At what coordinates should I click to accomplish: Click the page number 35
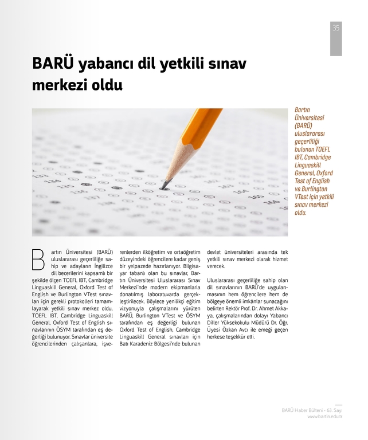(336, 28)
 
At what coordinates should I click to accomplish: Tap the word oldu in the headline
(108, 86)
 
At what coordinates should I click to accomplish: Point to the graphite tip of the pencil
(165, 184)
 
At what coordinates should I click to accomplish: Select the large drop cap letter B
(38, 260)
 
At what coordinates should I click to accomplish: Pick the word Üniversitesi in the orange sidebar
(310, 117)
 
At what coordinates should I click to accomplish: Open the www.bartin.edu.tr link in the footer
(324, 417)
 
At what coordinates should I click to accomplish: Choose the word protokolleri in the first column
(85, 301)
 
